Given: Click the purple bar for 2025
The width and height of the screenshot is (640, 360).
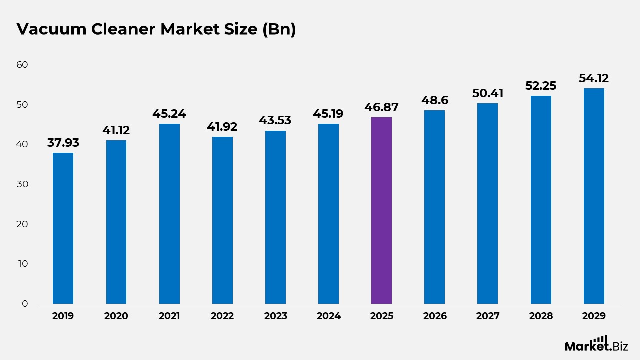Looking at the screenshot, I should tap(381, 210).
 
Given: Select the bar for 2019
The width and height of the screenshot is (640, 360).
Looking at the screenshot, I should tap(63, 228).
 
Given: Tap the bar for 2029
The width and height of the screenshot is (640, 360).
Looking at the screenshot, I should tap(594, 196).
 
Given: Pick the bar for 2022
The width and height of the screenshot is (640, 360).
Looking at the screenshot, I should tap(222, 220).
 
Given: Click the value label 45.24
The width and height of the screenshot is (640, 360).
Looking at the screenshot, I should tap(169, 114).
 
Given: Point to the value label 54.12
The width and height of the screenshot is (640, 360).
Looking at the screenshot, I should tap(594, 78).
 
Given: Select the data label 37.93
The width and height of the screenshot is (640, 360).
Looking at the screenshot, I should tap(63, 143).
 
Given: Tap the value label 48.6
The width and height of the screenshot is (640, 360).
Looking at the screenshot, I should tap(434, 100).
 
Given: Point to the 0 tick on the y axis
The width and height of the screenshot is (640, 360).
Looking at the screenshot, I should tap(25, 304).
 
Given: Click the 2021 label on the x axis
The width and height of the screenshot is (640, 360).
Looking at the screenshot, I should tap(169, 316).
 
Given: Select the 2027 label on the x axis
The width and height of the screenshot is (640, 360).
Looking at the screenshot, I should tap(487, 316).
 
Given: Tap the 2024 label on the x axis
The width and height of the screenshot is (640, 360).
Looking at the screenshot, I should tap(328, 316).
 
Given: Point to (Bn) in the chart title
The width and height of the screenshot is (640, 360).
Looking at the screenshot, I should tap(279, 29).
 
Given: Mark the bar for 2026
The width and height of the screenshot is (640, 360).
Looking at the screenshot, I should tap(434, 207).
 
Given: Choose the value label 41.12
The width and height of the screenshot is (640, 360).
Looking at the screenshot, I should tap(116, 130).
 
